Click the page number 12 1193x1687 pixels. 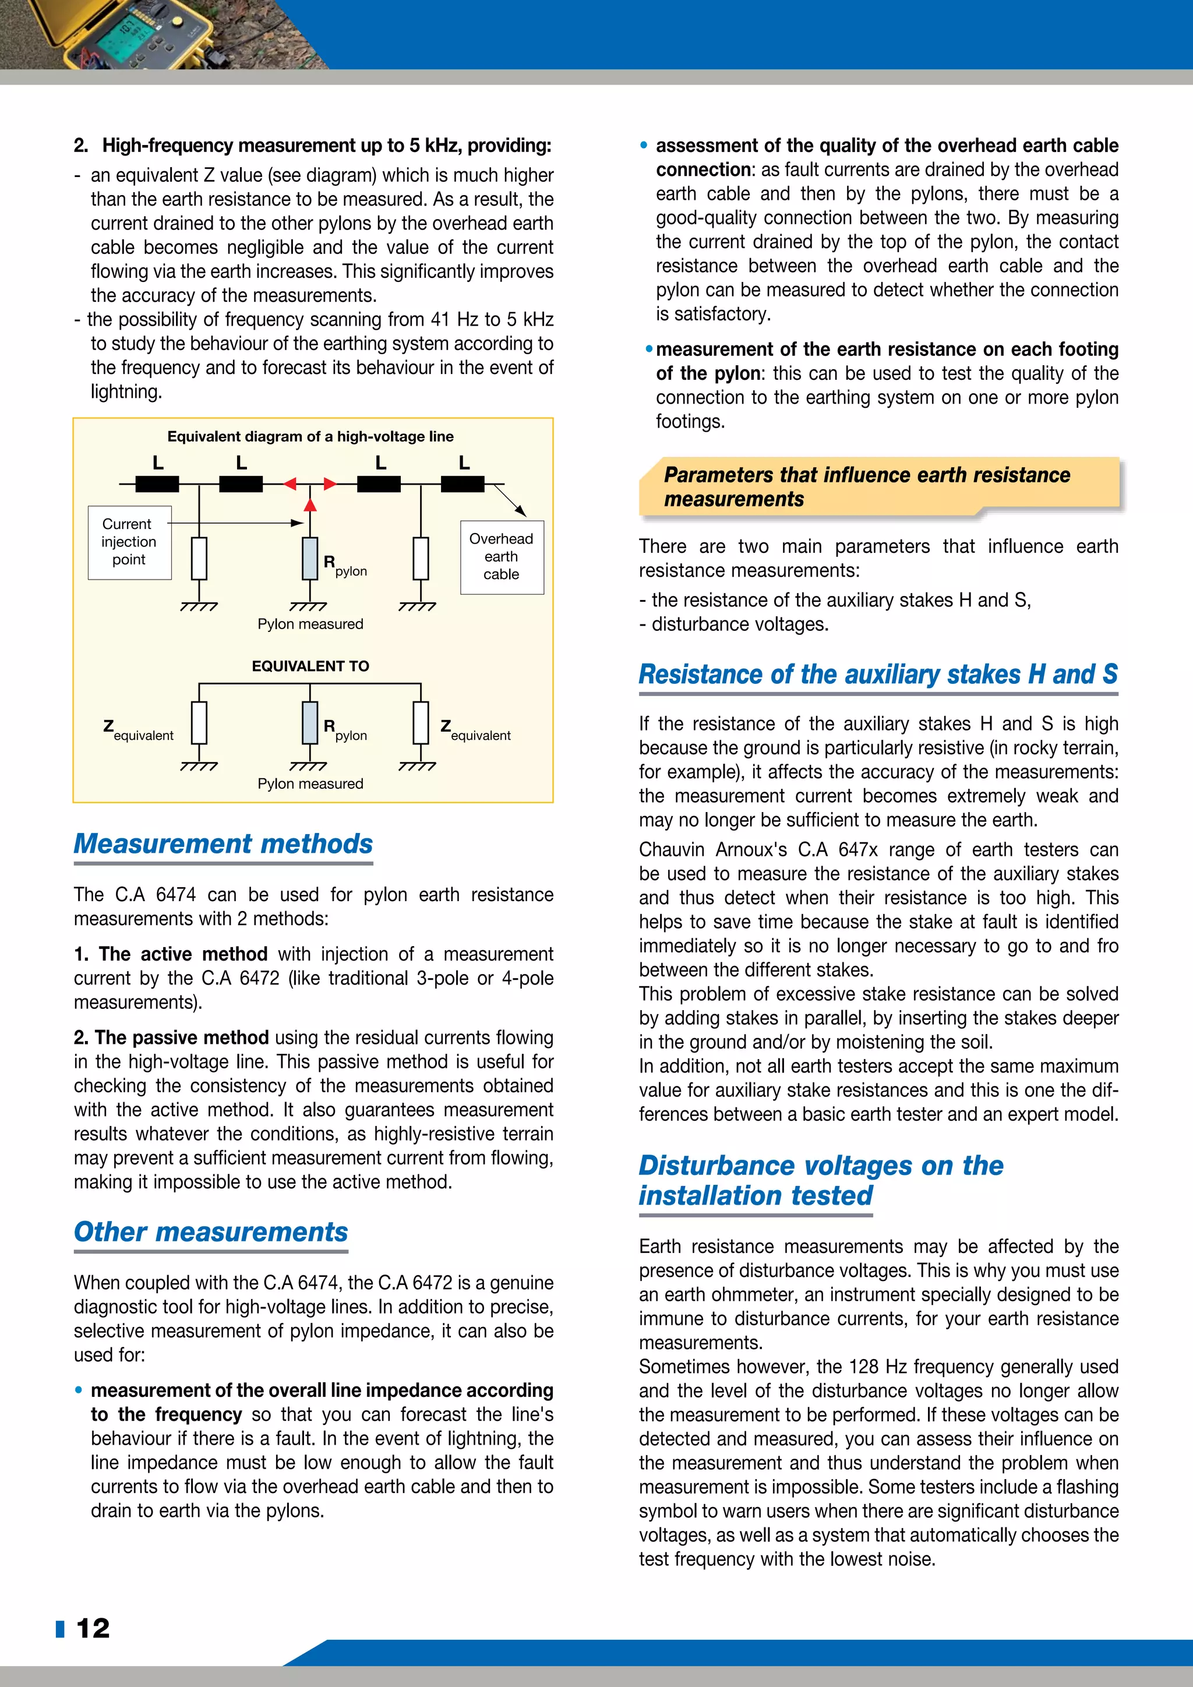tap(93, 1628)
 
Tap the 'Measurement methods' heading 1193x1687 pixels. tap(223, 844)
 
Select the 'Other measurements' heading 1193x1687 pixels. tap(211, 1231)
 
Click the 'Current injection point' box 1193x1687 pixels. tap(129, 542)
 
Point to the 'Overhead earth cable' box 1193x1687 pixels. tap(502, 557)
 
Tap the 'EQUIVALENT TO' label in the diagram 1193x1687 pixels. tap(310, 666)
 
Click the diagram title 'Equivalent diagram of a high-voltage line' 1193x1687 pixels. tap(310, 436)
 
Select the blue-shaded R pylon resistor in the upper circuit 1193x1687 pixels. tap(310, 559)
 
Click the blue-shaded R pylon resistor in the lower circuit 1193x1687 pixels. tap(310, 723)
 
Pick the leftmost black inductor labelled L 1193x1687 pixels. tap(157, 483)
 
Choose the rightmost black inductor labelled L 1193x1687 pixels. tap(462, 483)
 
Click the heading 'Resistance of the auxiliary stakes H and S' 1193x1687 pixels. tap(878, 674)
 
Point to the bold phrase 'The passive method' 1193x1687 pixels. tap(171, 1037)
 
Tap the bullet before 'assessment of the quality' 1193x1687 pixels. tap(644, 146)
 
